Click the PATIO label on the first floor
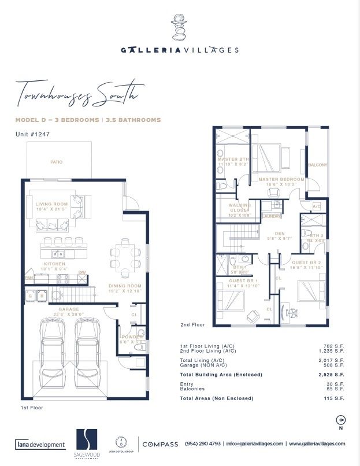[56, 162]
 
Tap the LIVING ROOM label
[51, 204]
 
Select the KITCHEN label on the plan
[54, 264]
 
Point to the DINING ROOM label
[125, 286]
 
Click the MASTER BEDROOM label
[281, 179]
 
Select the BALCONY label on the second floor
[317, 165]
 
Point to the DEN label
[280, 234]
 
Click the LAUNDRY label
[271, 216]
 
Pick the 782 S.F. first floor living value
[335, 346]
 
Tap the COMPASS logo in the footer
[160, 444]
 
